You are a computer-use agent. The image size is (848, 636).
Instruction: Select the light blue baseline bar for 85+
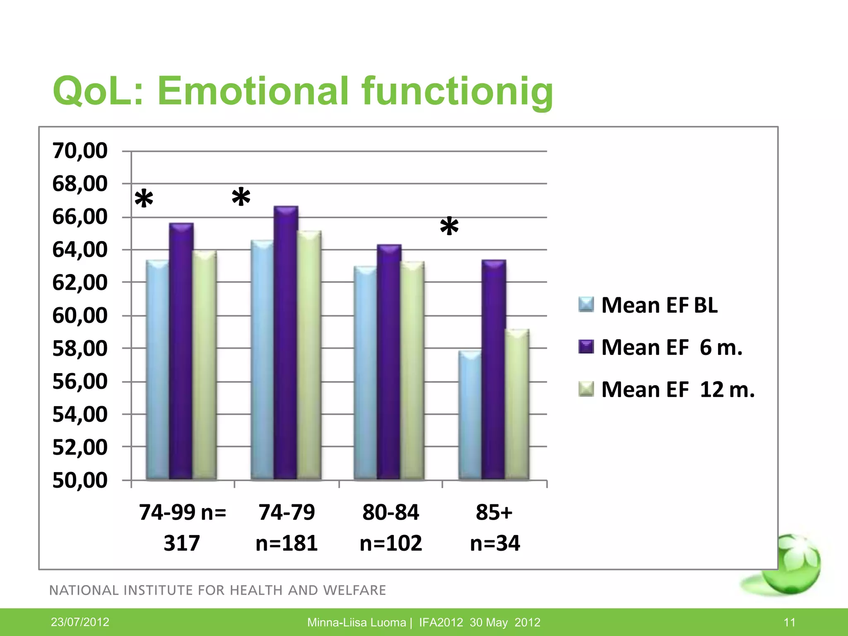coord(470,415)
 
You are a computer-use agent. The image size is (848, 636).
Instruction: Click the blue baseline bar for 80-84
coord(366,373)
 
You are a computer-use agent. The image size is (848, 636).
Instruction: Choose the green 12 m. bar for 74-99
coord(205,365)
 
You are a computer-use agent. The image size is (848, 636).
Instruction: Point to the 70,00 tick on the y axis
coord(80,151)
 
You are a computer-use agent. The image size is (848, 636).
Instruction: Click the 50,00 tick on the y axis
coord(80,480)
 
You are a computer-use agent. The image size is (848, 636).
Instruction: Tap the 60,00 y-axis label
coord(80,316)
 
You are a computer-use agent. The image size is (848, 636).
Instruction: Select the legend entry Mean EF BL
coord(658,305)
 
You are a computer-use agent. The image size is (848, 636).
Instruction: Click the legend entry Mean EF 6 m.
coord(671,347)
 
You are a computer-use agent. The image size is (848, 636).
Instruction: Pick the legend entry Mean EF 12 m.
coord(677,390)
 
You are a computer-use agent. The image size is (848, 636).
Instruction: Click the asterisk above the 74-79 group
coord(241,198)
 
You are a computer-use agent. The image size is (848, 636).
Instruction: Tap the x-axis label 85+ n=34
coord(494,527)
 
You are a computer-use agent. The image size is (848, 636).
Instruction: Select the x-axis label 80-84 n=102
coord(390,527)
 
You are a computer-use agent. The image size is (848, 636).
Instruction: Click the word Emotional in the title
coord(253,91)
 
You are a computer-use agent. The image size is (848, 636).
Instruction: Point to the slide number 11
coord(789,622)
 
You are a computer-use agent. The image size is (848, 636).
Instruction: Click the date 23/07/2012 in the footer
coord(80,622)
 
